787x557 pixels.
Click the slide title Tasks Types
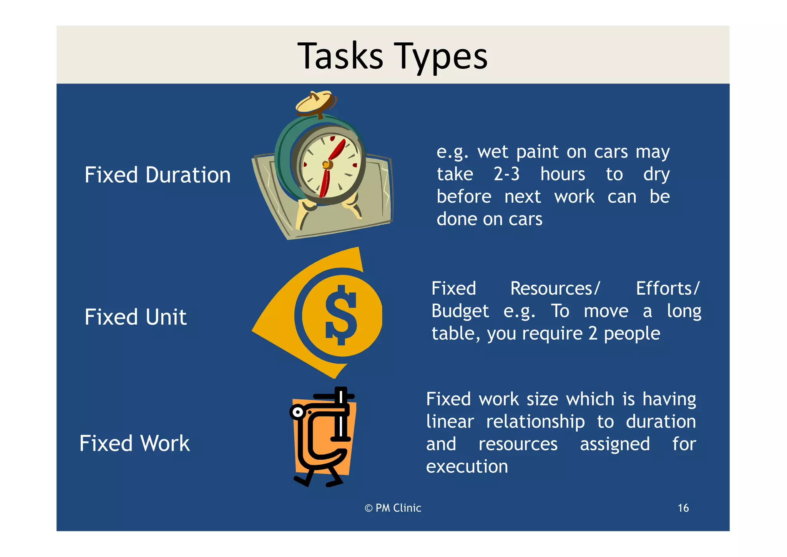point(392,56)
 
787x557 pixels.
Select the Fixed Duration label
point(158,175)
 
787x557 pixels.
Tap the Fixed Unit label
point(136,317)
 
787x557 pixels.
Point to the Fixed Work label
point(134,444)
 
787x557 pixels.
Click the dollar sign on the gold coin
point(341,315)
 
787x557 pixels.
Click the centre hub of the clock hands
point(327,165)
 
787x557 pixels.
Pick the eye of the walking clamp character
point(297,413)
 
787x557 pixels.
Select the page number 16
point(683,508)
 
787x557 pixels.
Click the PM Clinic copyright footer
point(393,508)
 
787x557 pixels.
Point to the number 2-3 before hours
point(506,174)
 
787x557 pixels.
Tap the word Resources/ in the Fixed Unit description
point(555,289)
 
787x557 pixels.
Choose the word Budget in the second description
point(460,311)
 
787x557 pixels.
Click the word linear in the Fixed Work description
point(450,422)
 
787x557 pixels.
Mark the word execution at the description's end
point(467,467)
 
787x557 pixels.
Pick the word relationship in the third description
point(535,422)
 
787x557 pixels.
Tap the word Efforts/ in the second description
point(667,289)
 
